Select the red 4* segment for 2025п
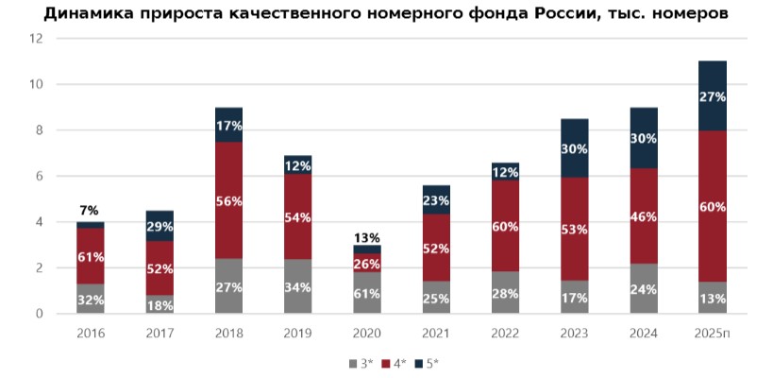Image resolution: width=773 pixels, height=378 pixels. pyautogui.click(x=712, y=206)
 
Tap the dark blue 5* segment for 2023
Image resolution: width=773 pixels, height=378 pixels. pyautogui.click(x=574, y=148)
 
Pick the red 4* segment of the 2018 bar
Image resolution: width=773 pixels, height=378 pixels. pyautogui.click(x=228, y=200)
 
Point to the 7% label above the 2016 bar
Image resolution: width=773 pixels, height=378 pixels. pyautogui.click(x=91, y=210)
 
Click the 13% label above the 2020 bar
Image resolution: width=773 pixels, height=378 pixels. pyautogui.click(x=367, y=237)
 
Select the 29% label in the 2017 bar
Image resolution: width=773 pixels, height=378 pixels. pyautogui.click(x=160, y=227)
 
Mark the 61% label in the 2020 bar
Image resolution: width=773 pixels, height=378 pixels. pyautogui.click(x=367, y=293)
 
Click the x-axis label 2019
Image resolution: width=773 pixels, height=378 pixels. pyautogui.click(x=297, y=334)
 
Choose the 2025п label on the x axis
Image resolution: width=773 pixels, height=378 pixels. pyautogui.click(x=712, y=334)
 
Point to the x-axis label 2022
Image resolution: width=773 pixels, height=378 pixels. pyautogui.click(x=505, y=334)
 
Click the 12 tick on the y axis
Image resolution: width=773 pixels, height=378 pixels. pyautogui.click(x=37, y=39)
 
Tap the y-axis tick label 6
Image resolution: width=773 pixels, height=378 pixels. pyautogui.click(x=41, y=177)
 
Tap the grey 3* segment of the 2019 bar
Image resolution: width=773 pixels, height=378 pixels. pyautogui.click(x=297, y=286)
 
